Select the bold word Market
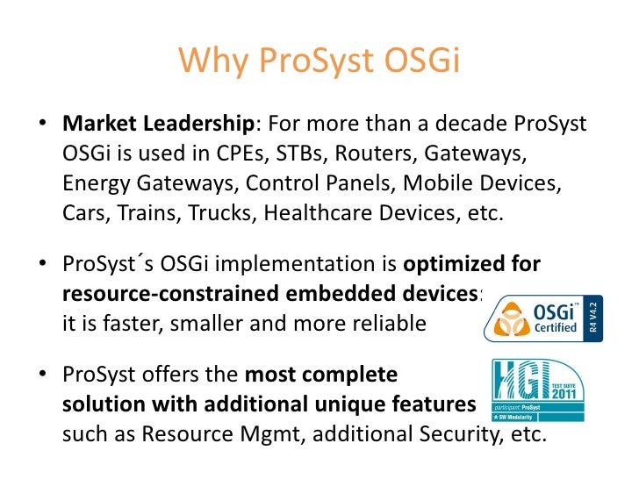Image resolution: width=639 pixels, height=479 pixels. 97,125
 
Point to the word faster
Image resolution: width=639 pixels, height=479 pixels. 118,324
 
